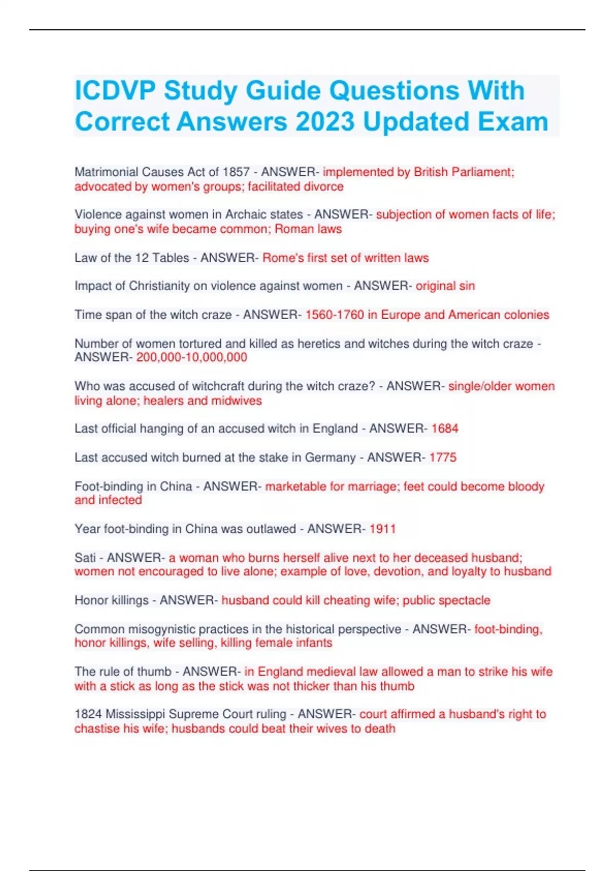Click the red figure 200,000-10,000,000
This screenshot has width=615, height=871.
point(192,357)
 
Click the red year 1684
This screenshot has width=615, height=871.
point(445,429)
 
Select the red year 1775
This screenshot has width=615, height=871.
point(443,458)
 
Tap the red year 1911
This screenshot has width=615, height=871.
point(382,529)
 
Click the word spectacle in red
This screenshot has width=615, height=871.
point(465,600)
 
